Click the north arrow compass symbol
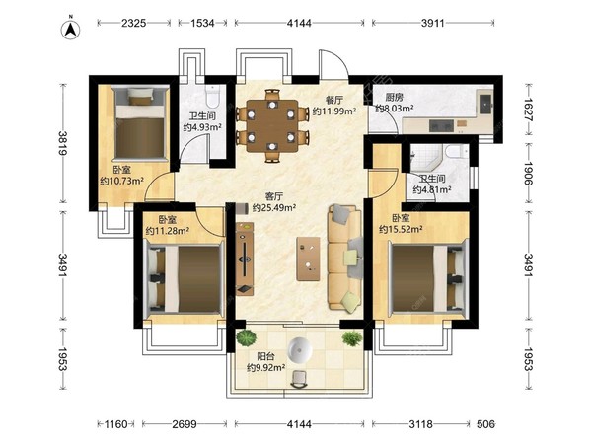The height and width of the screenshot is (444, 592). coord(70,30)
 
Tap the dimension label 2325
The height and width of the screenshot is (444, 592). coord(133,23)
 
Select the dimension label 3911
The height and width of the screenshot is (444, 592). coord(433,23)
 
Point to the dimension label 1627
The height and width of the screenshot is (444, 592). coord(528,110)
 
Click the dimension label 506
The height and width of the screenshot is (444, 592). coord(485,424)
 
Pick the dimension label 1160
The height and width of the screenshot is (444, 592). coord(115,424)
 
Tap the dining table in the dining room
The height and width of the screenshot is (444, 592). coord(272,125)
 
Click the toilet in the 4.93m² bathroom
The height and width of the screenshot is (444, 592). coord(212,96)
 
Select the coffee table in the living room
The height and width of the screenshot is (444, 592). coord(308,259)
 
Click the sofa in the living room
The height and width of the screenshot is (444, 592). coord(345,258)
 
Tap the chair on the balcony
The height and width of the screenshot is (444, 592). coord(299,379)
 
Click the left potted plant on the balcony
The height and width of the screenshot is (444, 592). coord(246,337)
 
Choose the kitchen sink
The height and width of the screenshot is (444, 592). coord(484,103)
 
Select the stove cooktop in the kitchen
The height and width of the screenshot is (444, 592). coord(441,125)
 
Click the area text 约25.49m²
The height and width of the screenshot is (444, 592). coord(274,207)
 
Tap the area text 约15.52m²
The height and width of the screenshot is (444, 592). coord(401,229)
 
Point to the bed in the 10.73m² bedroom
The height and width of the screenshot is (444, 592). coord(140,123)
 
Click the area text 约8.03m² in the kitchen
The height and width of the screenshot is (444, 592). coord(395,109)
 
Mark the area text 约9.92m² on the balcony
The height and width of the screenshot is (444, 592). coord(265,367)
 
